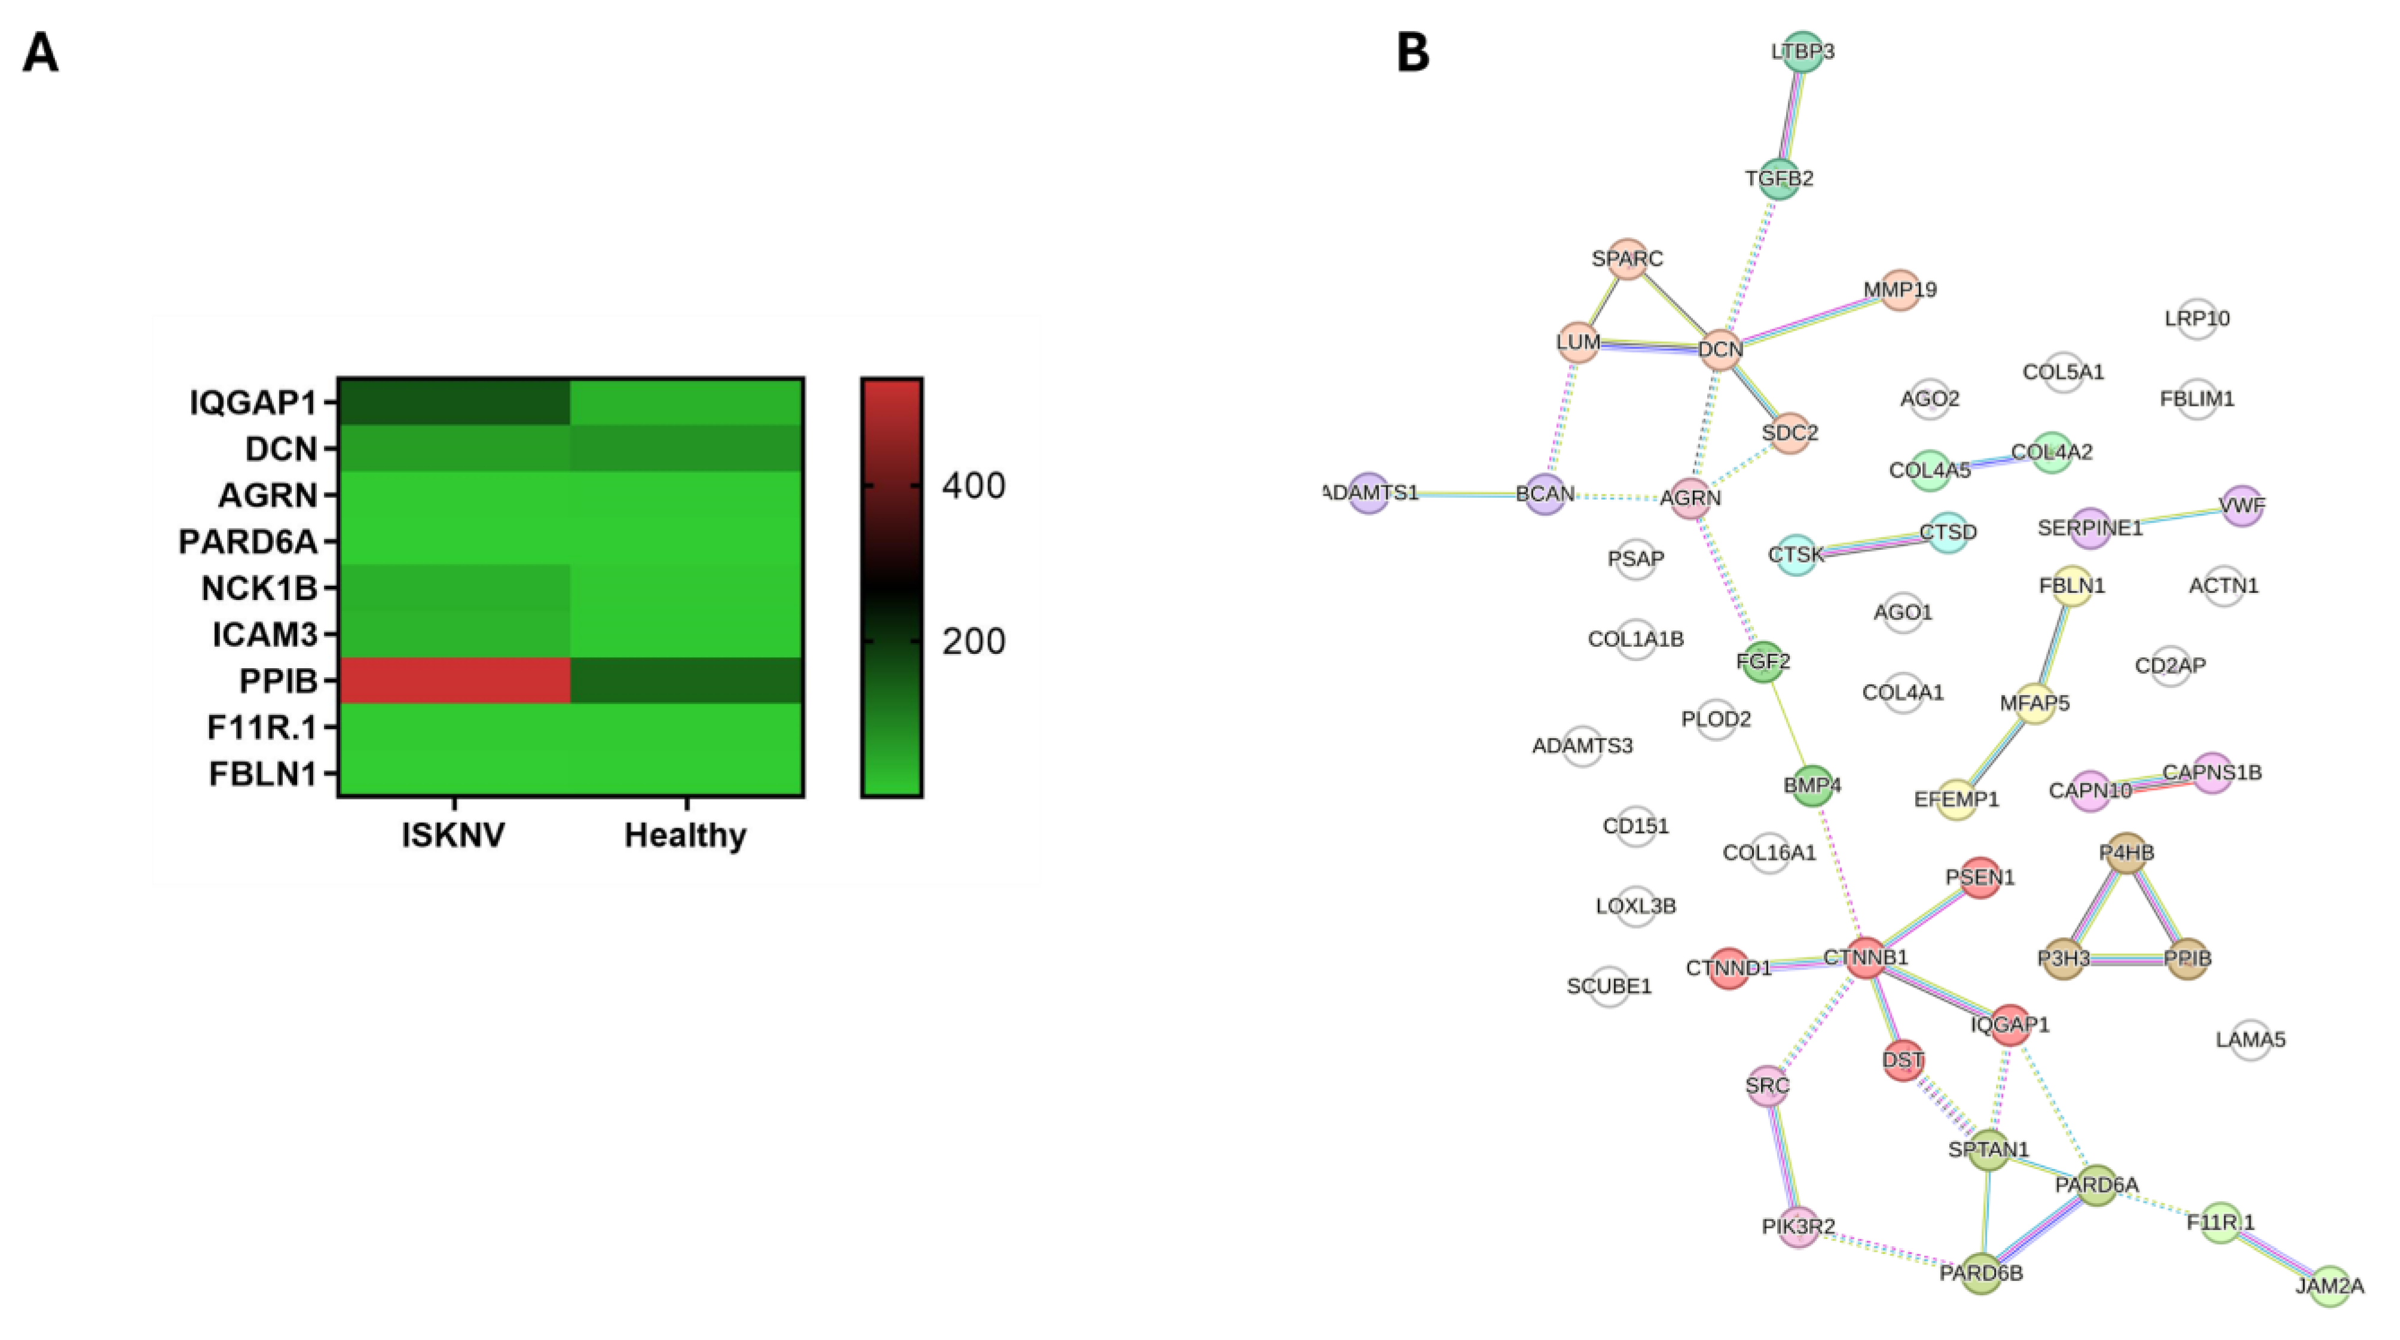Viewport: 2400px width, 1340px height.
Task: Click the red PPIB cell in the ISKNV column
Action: pos(454,680)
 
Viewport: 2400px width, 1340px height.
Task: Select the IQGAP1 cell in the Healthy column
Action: pos(687,402)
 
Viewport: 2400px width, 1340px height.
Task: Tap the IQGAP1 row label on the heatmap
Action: pos(253,403)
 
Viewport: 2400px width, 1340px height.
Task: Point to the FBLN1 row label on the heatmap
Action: pos(263,773)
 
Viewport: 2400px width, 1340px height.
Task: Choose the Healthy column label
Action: pos(686,835)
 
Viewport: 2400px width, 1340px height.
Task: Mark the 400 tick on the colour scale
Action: pos(973,485)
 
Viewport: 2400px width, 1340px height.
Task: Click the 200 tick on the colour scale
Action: pos(973,641)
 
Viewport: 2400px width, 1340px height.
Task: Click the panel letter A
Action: pos(40,53)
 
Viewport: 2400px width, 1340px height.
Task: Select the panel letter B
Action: pos(1413,53)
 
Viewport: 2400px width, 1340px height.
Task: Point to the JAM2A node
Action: pos(2329,1286)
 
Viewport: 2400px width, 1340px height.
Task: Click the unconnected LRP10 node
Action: pos(2197,319)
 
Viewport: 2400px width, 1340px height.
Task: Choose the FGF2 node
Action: pos(1763,662)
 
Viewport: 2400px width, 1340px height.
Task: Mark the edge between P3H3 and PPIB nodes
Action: pos(2125,959)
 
